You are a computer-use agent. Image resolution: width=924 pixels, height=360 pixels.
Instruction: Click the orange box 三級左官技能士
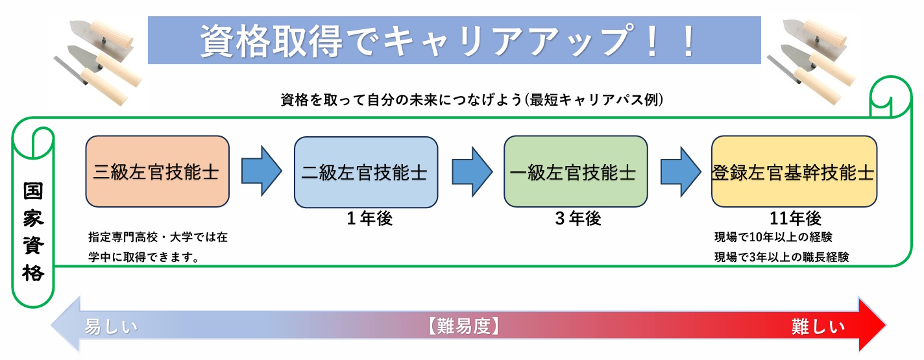tap(157, 171)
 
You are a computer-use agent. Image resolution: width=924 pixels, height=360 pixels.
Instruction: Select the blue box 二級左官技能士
tap(366, 173)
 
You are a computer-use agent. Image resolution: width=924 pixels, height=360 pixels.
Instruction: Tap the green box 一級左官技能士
tap(576, 171)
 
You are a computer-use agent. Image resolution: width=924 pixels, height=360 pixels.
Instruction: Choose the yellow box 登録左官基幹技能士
tap(794, 171)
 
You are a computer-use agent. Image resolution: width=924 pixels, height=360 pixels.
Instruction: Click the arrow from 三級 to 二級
tap(261, 171)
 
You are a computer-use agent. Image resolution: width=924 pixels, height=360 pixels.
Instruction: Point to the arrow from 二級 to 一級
tap(472, 171)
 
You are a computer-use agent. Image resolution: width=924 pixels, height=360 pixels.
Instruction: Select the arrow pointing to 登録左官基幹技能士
tap(681, 171)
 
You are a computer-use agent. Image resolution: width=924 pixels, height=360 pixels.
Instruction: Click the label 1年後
tap(370, 218)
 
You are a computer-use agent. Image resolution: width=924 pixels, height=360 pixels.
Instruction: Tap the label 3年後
tap(578, 218)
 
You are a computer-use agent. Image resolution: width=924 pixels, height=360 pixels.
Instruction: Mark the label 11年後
tap(796, 218)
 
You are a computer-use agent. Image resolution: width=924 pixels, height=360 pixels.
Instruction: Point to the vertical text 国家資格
tap(33, 232)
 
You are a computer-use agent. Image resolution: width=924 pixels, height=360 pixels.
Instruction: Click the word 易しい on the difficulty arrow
tap(111, 327)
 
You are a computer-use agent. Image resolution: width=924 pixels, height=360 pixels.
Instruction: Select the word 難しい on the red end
tap(818, 327)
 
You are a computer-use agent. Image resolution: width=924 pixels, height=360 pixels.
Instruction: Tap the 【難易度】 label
tap(464, 326)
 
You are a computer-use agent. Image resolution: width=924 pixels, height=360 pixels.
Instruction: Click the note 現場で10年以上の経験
tap(773, 237)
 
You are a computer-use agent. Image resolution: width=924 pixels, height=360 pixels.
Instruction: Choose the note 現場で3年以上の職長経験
tap(782, 257)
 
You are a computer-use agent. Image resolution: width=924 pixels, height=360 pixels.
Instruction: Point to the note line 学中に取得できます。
tap(144, 257)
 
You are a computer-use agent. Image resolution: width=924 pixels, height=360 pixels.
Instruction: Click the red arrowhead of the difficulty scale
tap(871, 325)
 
